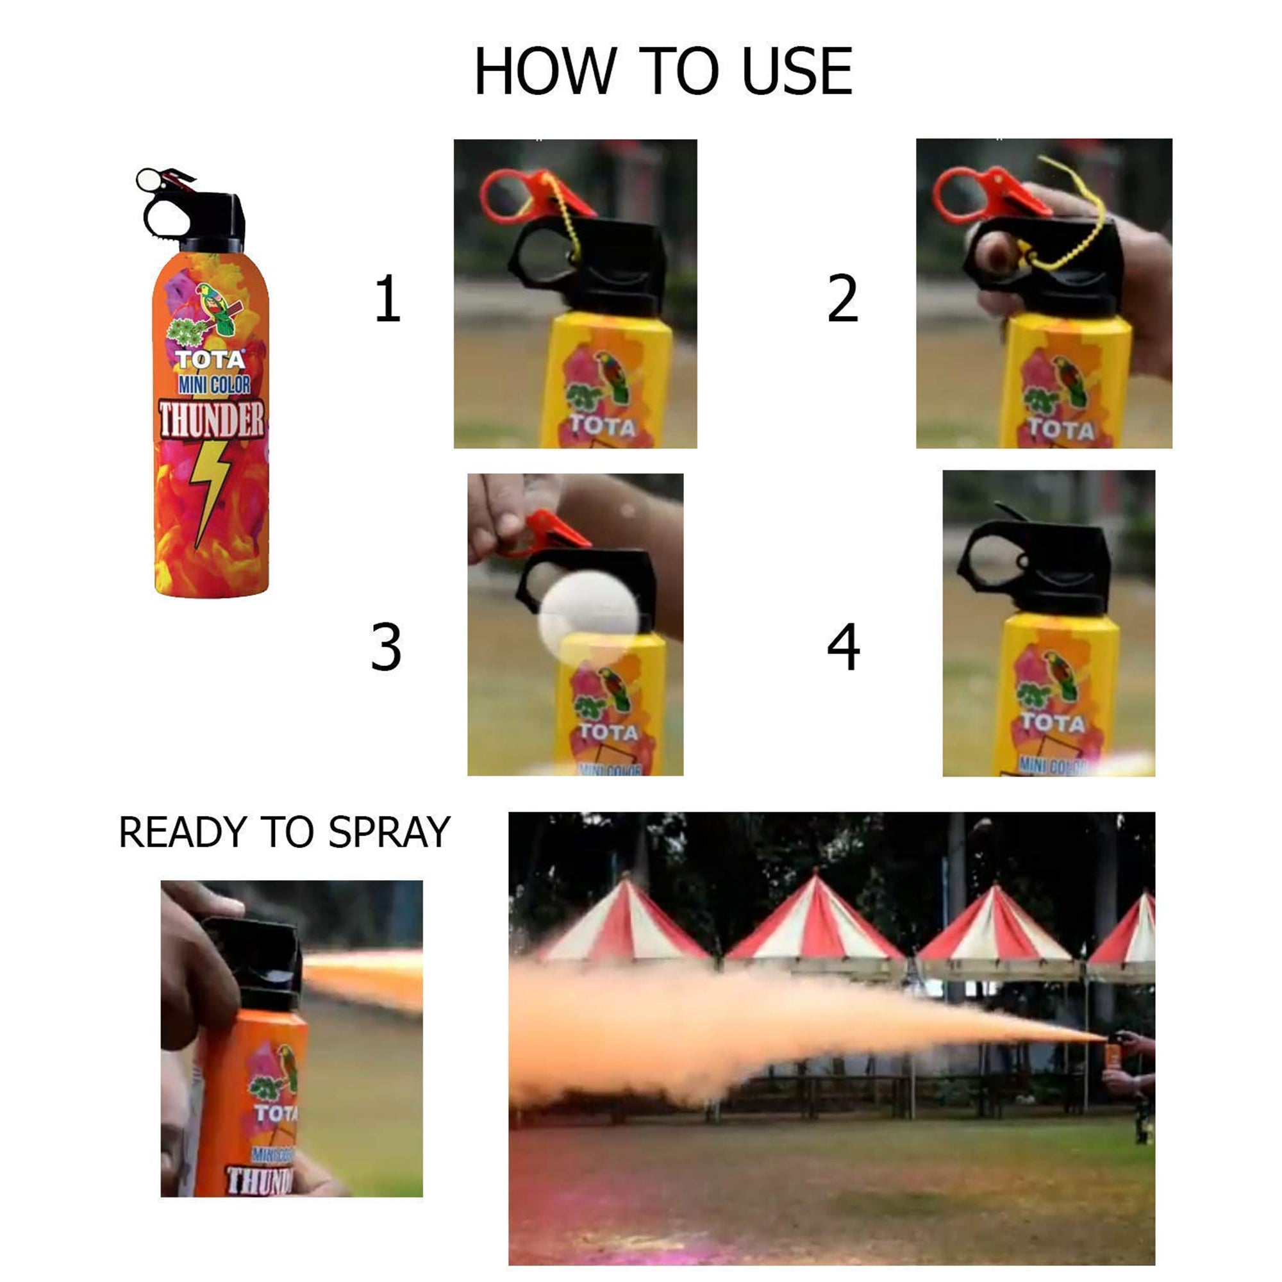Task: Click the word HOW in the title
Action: point(545,72)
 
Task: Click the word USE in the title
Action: point(796,72)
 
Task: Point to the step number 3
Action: point(386,647)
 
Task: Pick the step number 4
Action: point(844,647)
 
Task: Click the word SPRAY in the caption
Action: point(390,832)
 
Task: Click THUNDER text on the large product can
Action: point(212,419)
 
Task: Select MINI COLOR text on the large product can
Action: point(213,384)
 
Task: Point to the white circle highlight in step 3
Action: point(588,613)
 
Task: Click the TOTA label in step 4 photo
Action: point(1053,722)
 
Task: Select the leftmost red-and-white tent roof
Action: point(624,922)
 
